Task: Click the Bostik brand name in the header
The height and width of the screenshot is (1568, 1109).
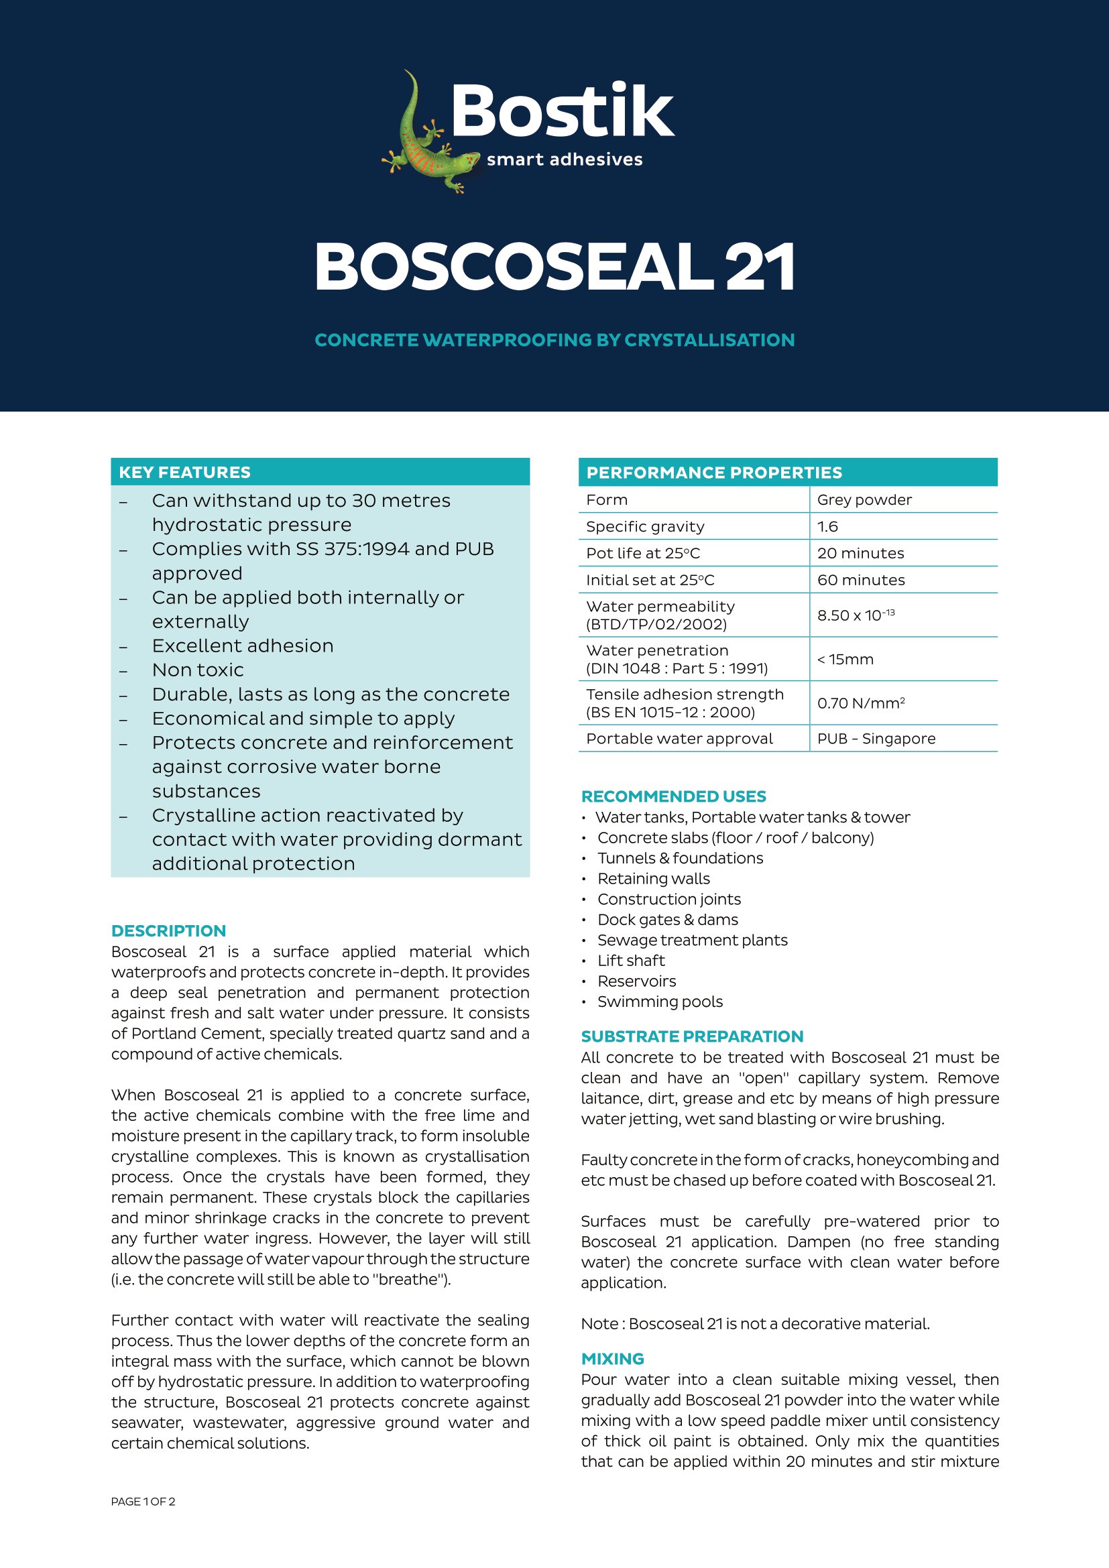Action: [562, 111]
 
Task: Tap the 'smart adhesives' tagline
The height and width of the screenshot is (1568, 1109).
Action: [564, 160]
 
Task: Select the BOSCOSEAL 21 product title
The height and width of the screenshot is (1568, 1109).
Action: [554, 267]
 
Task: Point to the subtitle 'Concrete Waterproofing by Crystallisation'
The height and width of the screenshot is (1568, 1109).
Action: [554, 340]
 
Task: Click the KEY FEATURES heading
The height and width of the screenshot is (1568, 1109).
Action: [184, 472]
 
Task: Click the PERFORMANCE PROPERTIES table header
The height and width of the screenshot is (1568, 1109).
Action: [713, 473]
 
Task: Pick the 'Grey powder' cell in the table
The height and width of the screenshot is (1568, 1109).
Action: [864, 500]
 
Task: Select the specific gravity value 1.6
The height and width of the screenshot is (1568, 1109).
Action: [827, 526]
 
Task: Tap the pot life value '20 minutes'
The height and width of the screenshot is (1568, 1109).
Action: [860, 553]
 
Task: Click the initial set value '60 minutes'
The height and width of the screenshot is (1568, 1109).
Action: [860, 580]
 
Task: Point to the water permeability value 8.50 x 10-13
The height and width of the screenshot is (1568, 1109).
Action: [856, 615]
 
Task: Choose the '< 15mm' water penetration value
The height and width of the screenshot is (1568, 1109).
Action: [845, 659]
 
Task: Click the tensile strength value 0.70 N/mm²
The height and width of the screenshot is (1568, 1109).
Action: [860, 703]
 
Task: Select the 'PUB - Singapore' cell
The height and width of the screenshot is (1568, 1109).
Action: [876, 738]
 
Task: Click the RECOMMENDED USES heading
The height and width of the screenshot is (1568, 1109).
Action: [673, 796]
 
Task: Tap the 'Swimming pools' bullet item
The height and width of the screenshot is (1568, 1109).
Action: [660, 1002]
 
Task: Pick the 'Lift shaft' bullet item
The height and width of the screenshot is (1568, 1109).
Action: [631, 961]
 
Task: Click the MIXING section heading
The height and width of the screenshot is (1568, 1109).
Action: [613, 1359]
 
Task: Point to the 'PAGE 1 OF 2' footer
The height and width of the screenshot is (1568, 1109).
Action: [143, 1502]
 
